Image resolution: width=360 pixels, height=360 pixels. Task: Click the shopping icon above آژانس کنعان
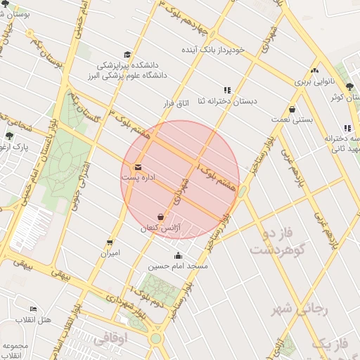[161, 217]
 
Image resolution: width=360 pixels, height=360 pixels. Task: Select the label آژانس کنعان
[162, 229]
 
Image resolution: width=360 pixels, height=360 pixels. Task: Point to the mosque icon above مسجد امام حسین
[177, 255]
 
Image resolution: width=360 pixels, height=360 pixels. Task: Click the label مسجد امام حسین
[178, 266]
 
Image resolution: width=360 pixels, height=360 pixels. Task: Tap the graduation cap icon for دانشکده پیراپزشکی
[127, 55]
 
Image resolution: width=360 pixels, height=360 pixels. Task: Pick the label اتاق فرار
[176, 103]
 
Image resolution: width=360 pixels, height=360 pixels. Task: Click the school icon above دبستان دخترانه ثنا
[227, 90]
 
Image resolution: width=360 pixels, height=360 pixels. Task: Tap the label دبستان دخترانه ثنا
[227, 101]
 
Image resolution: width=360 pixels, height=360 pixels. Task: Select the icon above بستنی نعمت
[292, 109]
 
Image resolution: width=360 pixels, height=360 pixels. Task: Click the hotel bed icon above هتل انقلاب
[33, 309]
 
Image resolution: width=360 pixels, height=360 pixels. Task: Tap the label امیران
[109, 252]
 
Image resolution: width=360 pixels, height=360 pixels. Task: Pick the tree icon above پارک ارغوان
[9, 136]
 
